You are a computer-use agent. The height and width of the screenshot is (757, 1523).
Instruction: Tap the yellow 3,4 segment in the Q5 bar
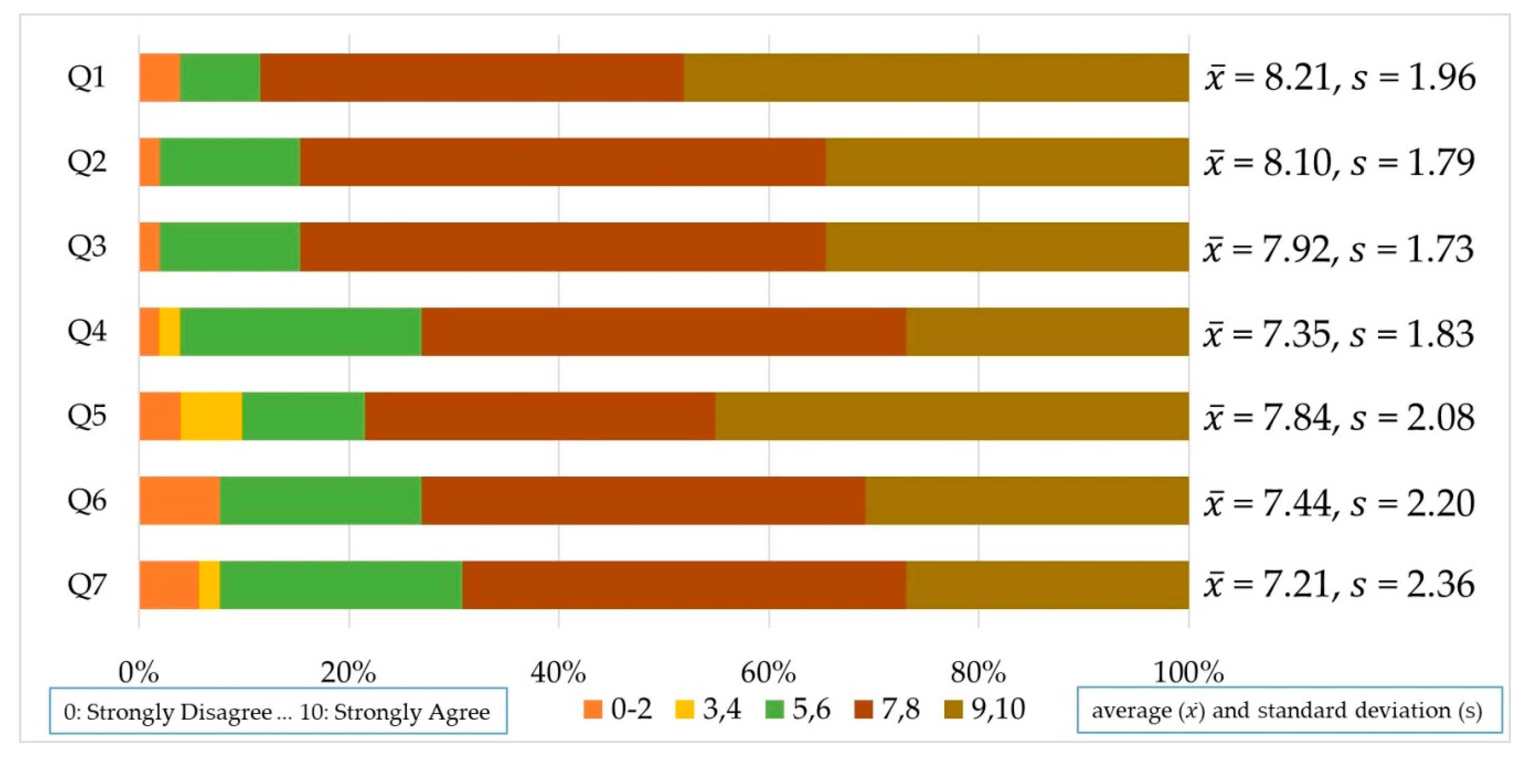pyautogui.click(x=211, y=416)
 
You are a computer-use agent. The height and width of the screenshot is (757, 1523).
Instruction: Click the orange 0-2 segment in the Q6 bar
pyautogui.click(x=180, y=500)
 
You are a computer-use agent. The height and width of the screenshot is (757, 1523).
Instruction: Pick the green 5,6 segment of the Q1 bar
pyautogui.click(x=220, y=77)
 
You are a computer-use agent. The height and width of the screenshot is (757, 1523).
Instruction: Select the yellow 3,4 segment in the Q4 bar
pyautogui.click(x=170, y=332)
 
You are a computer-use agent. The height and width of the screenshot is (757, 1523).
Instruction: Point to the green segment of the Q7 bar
pyautogui.click(x=341, y=585)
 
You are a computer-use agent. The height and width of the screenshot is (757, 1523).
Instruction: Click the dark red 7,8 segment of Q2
pyautogui.click(x=562, y=162)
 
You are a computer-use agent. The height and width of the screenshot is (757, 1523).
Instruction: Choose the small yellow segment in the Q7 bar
pyautogui.click(x=209, y=585)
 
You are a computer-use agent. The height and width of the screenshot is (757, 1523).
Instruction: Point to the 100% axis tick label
pyautogui.click(x=1189, y=672)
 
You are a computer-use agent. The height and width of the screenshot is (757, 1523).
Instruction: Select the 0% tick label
pyautogui.click(x=139, y=672)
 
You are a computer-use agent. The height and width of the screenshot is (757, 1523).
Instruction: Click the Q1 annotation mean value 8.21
pyautogui.click(x=1298, y=77)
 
